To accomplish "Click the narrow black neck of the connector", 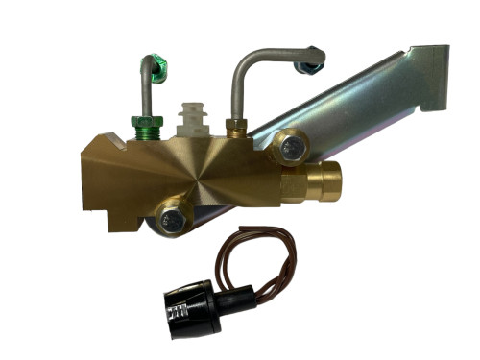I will (236, 297).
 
